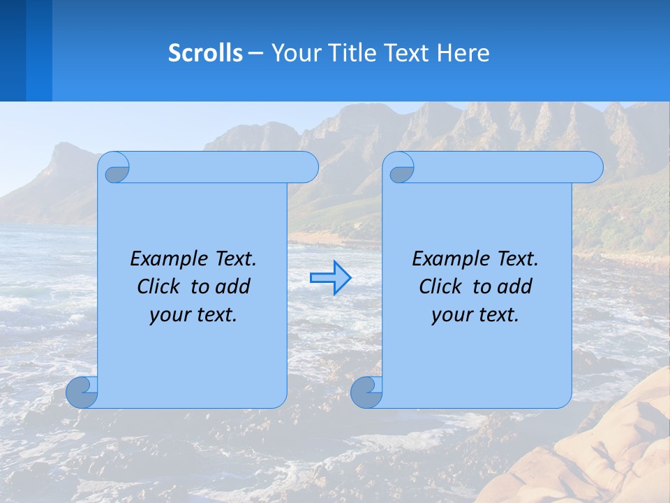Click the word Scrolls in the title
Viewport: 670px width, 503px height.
pyautogui.click(x=205, y=52)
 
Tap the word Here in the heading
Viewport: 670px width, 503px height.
pyautogui.click(x=463, y=52)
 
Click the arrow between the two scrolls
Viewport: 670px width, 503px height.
pyautogui.click(x=330, y=278)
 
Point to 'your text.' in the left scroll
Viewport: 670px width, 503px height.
pyautogui.click(x=193, y=314)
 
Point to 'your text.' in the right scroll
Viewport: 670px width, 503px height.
pyautogui.click(x=475, y=314)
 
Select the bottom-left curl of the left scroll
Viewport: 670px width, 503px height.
pyautogui.click(x=81, y=393)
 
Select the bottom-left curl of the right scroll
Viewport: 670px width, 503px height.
pyautogui.click(x=366, y=393)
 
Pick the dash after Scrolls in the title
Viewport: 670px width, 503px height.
pyautogui.click(x=256, y=52)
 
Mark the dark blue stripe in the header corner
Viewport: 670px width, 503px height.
pyautogui.click(x=13, y=50)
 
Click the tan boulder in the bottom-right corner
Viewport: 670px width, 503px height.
pyautogui.click(x=614, y=454)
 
